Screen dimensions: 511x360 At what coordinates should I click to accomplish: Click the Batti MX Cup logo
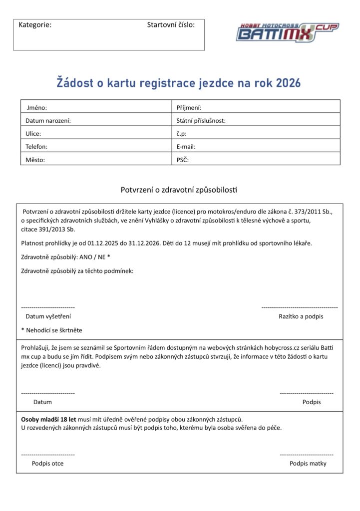coord(287,32)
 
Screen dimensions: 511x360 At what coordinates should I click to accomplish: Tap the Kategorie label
coord(35,24)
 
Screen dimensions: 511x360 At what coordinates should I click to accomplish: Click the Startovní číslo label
coord(171,24)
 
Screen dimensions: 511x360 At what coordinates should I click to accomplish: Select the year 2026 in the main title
coord(288,82)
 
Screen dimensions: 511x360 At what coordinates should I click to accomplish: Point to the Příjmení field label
coord(189,107)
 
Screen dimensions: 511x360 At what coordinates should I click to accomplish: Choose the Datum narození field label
coord(48,120)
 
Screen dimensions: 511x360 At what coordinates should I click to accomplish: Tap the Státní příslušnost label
coord(201,120)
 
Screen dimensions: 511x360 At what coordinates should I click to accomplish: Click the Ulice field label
coord(33,134)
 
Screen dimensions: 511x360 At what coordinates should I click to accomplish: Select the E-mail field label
coord(186,147)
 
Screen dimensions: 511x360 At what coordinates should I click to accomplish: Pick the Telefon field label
coord(36,147)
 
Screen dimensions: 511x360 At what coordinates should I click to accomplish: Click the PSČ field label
coord(182,160)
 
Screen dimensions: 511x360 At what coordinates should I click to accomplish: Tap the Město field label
coord(35,160)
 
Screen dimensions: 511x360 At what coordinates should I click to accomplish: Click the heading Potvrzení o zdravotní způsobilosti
coord(179,190)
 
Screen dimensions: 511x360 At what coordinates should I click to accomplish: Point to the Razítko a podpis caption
coord(301,316)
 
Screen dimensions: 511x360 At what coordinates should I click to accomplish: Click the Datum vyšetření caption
coord(48,316)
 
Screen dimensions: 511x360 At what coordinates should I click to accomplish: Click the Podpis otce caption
coord(47,463)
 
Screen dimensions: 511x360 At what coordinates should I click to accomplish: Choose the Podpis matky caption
coord(308,463)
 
